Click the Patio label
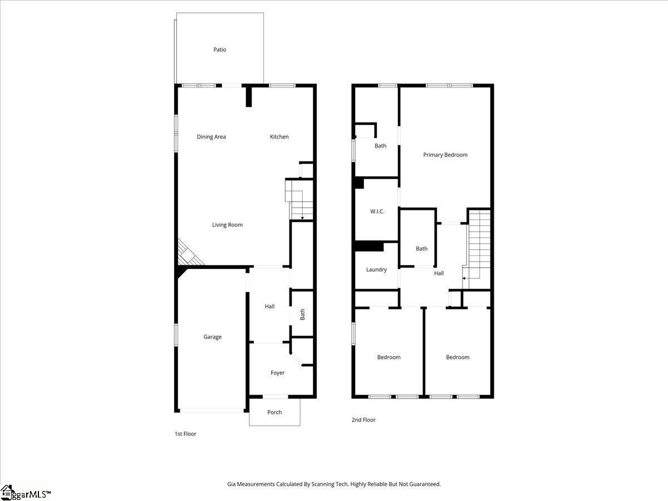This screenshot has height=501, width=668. [x=220, y=50]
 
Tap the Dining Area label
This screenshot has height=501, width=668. [x=212, y=137]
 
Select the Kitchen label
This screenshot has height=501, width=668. [x=279, y=137]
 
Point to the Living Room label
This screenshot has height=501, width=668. [x=227, y=225]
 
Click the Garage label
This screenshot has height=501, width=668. [x=212, y=337]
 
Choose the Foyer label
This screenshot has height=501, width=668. [x=277, y=373]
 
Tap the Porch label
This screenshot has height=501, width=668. [x=274, y=412]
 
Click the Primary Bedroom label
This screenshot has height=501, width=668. [x=445, y=155]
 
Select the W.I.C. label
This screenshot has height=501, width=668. [x=377, y=212]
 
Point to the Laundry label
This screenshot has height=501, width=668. [x=376, y=270]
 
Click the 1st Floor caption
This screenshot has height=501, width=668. [x=185, y=434]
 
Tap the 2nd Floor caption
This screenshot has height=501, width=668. [x=364, y=420]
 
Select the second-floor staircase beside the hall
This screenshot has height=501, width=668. [x=479, y=245]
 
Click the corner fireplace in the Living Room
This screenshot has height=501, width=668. [x=188, y=254]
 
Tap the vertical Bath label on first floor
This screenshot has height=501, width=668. [x=303, y=315]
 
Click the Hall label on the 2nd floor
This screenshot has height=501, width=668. [x=439, y=273]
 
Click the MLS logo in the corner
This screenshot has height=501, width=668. [x=26, y=493]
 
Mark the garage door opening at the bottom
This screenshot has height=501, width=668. [x=212, y=411]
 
